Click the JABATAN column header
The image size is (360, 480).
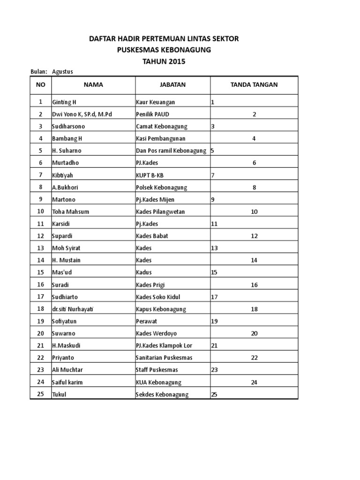click(x=173, y=85)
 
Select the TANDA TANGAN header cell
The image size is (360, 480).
click(x=254, y=85)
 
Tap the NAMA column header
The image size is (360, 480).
click(x=93, y=85)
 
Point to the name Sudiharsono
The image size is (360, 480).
click(x=68, y=127)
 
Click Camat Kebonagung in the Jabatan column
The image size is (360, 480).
click(x=161, y=127)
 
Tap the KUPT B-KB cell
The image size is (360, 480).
click(x=150, y=175)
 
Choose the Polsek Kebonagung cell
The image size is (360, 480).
click(x=161, y=187)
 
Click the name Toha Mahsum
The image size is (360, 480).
click(x=70, y=212)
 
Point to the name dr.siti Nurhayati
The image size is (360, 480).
click(x=73, y=309)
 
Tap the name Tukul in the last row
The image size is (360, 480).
click(x=59, y=395)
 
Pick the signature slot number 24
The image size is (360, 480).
click(x=254, y=382)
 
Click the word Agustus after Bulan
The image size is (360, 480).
click(x=62, y=71)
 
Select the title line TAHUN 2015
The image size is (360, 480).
click(x=164, y=61)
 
